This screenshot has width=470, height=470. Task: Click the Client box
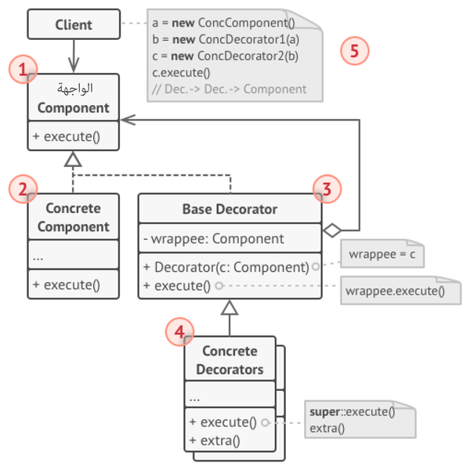pyautogui.click(x=74, y=24)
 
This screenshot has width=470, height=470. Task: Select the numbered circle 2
pyautogui.click(x=23, y=189)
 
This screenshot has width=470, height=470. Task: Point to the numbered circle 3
pyautogui.click(x=327, y=189)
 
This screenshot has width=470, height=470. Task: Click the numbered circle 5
pyautogui.click(x=355, y=52)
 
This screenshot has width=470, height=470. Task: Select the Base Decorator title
pyautogui.click(x=230, y=209)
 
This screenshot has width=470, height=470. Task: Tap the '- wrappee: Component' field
pyautogui.click(x=213, y=239)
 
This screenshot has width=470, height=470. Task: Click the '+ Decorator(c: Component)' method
pyautogui.click(x=226, y=267)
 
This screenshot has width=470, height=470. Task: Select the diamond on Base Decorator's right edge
pyautogui.click(x=333, y=230)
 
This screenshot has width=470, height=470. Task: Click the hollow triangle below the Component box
pyautogui.click(x=74, y=160)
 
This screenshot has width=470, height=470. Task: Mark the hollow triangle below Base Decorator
pyautogui.click(x=229, y=308)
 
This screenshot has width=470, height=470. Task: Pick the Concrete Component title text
pyautogui.click(x=74, y=218)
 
